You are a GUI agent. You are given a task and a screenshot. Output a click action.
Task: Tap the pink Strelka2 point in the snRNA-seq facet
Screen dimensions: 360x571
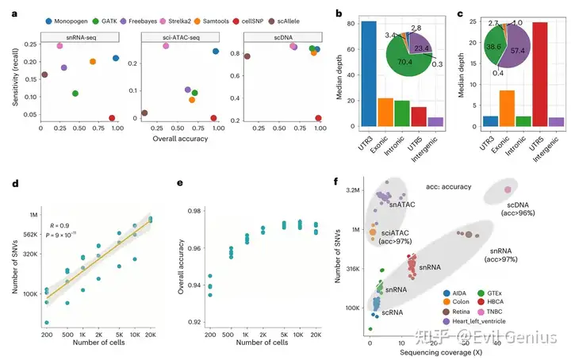[59, 46]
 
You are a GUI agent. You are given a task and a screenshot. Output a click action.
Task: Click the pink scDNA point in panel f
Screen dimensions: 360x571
[508, 189]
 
